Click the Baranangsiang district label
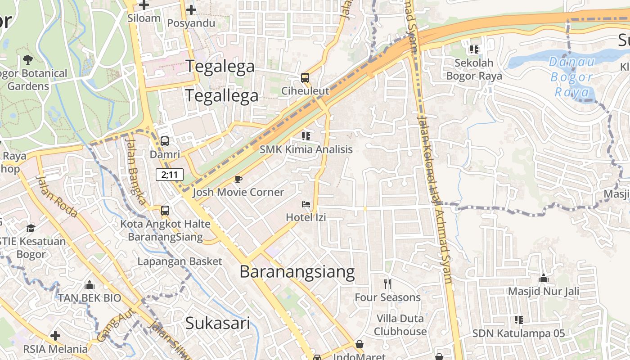point(297,272)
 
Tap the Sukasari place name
point(217,323)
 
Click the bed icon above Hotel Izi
point(306,204)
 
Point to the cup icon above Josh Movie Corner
point(238,180)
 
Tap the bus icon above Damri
point(165,141)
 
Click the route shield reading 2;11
point(170,175)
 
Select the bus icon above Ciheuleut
point(305,77)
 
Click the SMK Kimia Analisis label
point(306,149)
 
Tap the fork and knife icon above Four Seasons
point(387,284)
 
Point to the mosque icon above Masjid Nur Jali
point(543,278)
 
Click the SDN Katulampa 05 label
point(518,333)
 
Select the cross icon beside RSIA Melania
point(55,336)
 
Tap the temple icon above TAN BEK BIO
point(89,285)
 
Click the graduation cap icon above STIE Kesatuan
point(31,228)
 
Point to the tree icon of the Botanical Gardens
point(27,59)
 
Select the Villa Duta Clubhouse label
point(400,325)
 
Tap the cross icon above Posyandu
point(191,10)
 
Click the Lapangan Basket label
point(180,261)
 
